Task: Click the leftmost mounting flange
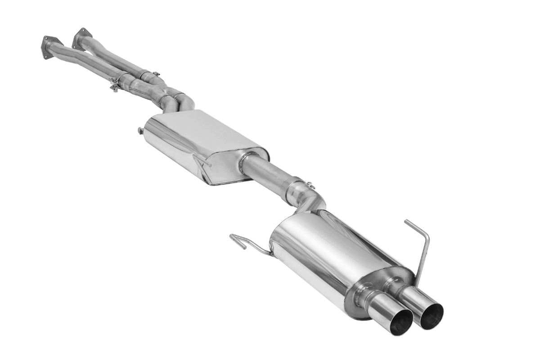[x=51, y=44]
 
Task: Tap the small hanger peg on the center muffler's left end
[x=140, y=131]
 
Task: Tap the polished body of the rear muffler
[x=315, y=252]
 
